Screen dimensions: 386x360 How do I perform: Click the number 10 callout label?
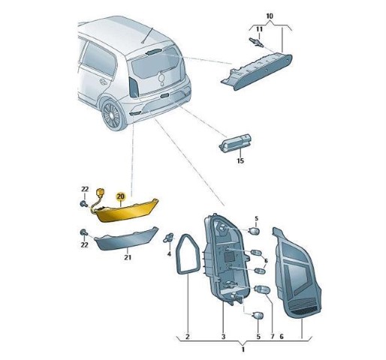pos(270,16)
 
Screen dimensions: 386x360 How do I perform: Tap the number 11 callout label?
pos(259,29)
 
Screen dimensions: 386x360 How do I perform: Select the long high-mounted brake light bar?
pos(257,71)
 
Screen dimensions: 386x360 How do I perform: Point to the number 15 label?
pos(240,160)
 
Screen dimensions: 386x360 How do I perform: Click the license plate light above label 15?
pos(235,143)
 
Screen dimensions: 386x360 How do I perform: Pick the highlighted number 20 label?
pos(120,196)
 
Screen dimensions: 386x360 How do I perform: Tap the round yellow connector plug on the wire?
pos(100,192)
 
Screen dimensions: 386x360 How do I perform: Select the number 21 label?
pos(128,257)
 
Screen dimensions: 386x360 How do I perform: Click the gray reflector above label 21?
pos(126,238)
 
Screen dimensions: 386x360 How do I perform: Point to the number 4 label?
pos(169,254)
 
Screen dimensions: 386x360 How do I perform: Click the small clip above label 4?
pos(168,238)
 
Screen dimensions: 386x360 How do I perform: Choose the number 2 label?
pos(188,337)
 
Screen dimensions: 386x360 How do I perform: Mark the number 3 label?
pos(223,337)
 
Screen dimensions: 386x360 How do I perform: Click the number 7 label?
pos(272,337)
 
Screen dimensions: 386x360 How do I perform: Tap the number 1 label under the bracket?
pos(243,349)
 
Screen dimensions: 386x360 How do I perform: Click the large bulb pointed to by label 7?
pos(263,289)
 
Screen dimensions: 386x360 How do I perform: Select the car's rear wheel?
pos(113,115)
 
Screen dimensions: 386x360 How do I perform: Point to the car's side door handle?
pos(102,82)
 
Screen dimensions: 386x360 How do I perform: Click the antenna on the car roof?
pos(147,35)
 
